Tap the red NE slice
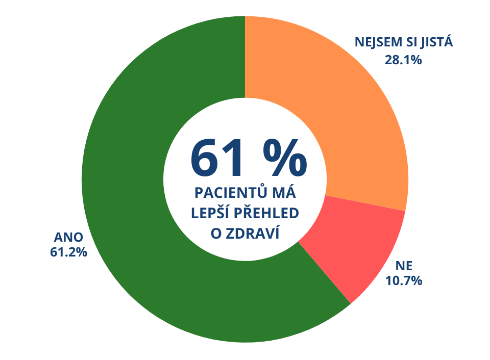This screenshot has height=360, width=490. point(352,245)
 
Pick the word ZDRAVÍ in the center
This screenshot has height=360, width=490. point(254,233)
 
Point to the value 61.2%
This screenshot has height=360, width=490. point(68,252)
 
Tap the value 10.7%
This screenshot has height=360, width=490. point(403,280)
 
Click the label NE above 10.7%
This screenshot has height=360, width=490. point(403,266)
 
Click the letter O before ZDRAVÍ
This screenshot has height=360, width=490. point(216,233)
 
